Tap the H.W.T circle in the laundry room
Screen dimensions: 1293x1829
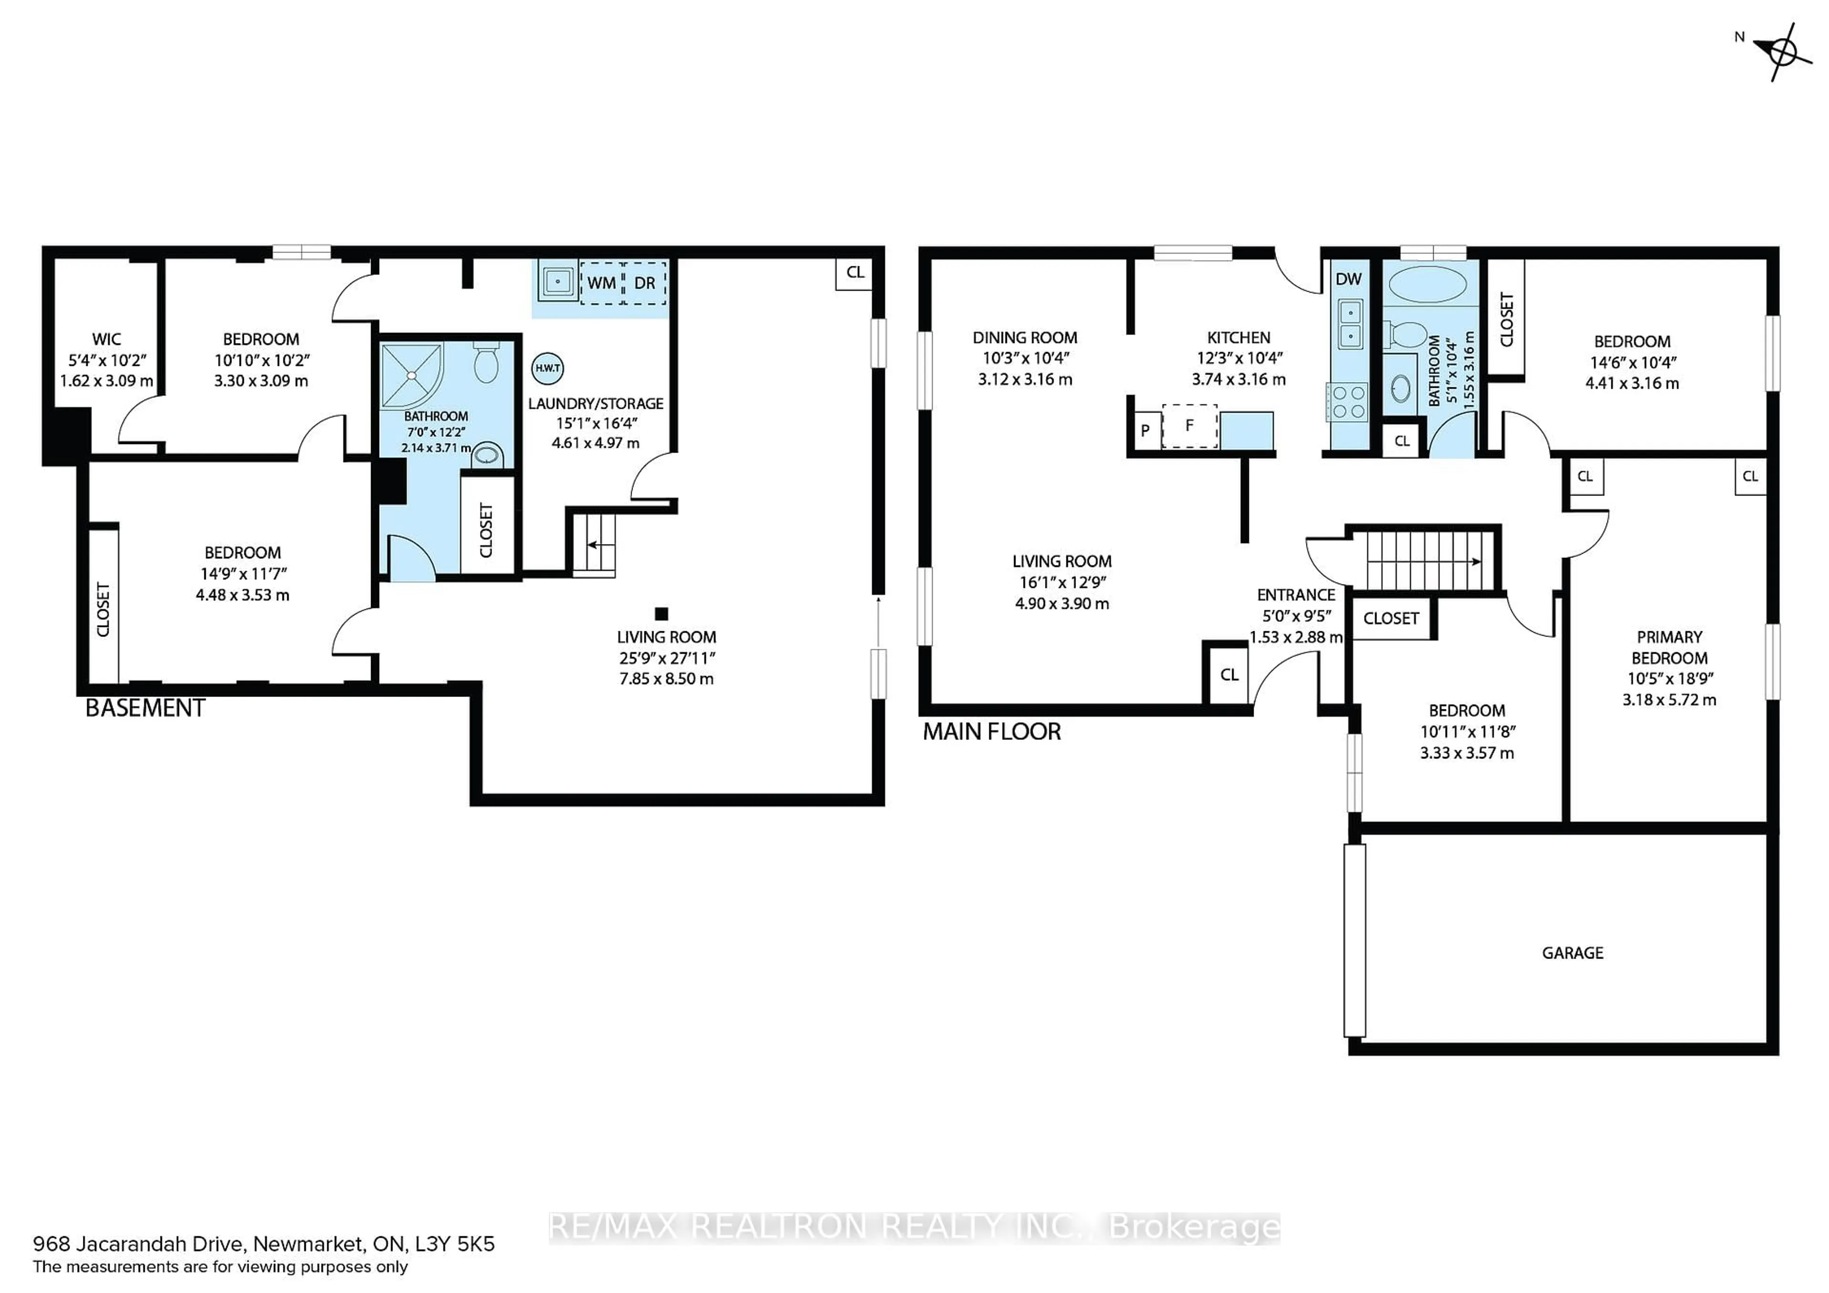click(547, 368)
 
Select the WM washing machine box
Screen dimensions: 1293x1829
click(602, 283)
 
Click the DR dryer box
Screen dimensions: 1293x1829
click(644, 283)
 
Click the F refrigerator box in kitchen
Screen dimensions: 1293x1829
click(1189, 426)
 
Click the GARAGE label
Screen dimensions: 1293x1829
click(1572, 953)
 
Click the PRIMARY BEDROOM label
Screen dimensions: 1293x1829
click(1669, 648)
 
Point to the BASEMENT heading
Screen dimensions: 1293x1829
click(145, 708)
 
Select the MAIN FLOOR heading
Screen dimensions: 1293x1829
click(991, 732)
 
